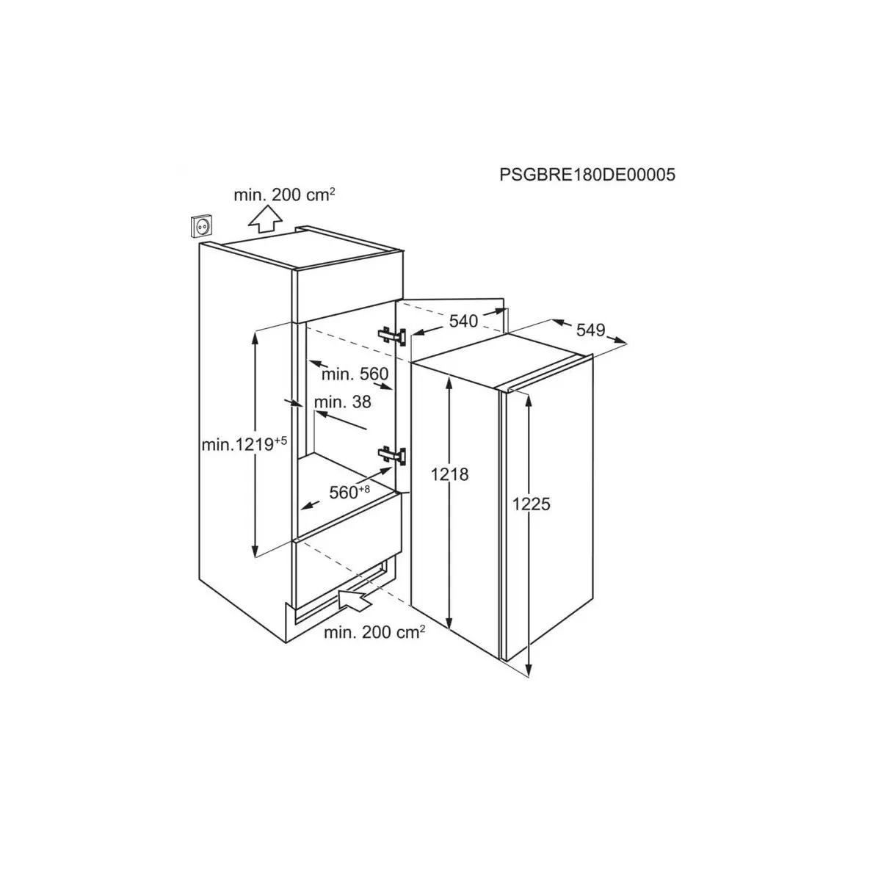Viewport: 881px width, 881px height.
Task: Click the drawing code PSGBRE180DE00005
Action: [x=587, y=175]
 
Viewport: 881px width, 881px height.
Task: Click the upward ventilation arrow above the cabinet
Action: [x=265, y=219]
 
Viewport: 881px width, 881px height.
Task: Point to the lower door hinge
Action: [x=392, y=455]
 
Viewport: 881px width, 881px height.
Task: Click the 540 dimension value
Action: [x=463, y=322]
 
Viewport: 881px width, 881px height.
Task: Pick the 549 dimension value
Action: [x=591, y=330]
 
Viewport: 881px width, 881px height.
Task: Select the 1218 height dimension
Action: [x=450, y=474]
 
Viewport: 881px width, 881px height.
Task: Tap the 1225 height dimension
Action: [x=532, y=504]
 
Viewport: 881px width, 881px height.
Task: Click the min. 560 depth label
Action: [x=355, y=374]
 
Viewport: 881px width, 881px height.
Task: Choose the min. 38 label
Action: [x=342, y=402]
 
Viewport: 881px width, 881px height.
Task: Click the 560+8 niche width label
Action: [x=349, y=492]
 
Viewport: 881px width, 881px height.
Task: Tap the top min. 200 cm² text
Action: [x=284, y=195]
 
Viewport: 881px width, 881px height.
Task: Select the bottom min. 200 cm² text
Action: [x=374, y=632]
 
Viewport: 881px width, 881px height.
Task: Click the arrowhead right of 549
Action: [x=620, y=341]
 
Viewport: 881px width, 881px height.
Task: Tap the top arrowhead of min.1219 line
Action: [x=255, y=337]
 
